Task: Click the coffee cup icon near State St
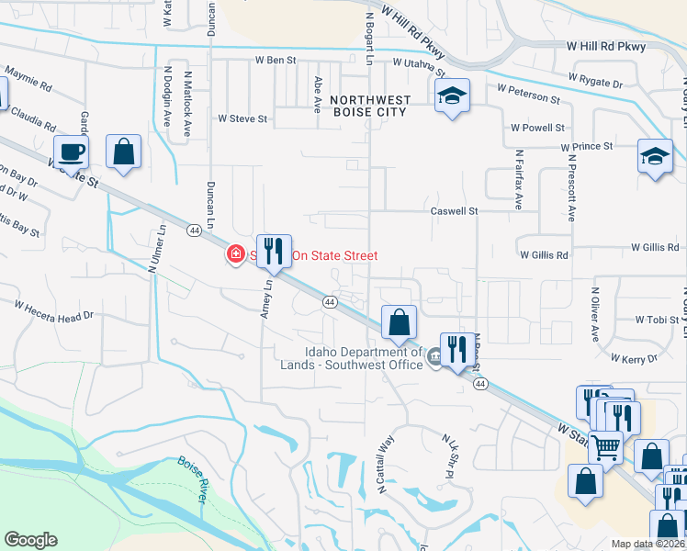[72, 151]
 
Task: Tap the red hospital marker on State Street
[236, 254]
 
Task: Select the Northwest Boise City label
[367, 105]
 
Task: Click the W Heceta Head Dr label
[54, 309]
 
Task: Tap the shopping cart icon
[605, 447]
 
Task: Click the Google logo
[30, 539]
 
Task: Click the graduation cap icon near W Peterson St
[452, 96]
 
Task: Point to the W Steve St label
[242, 118]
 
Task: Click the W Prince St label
[587, 146]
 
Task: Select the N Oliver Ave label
[594, 314]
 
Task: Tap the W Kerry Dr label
[634, 359]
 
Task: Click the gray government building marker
[434, 361]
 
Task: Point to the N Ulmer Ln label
[159, 250]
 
